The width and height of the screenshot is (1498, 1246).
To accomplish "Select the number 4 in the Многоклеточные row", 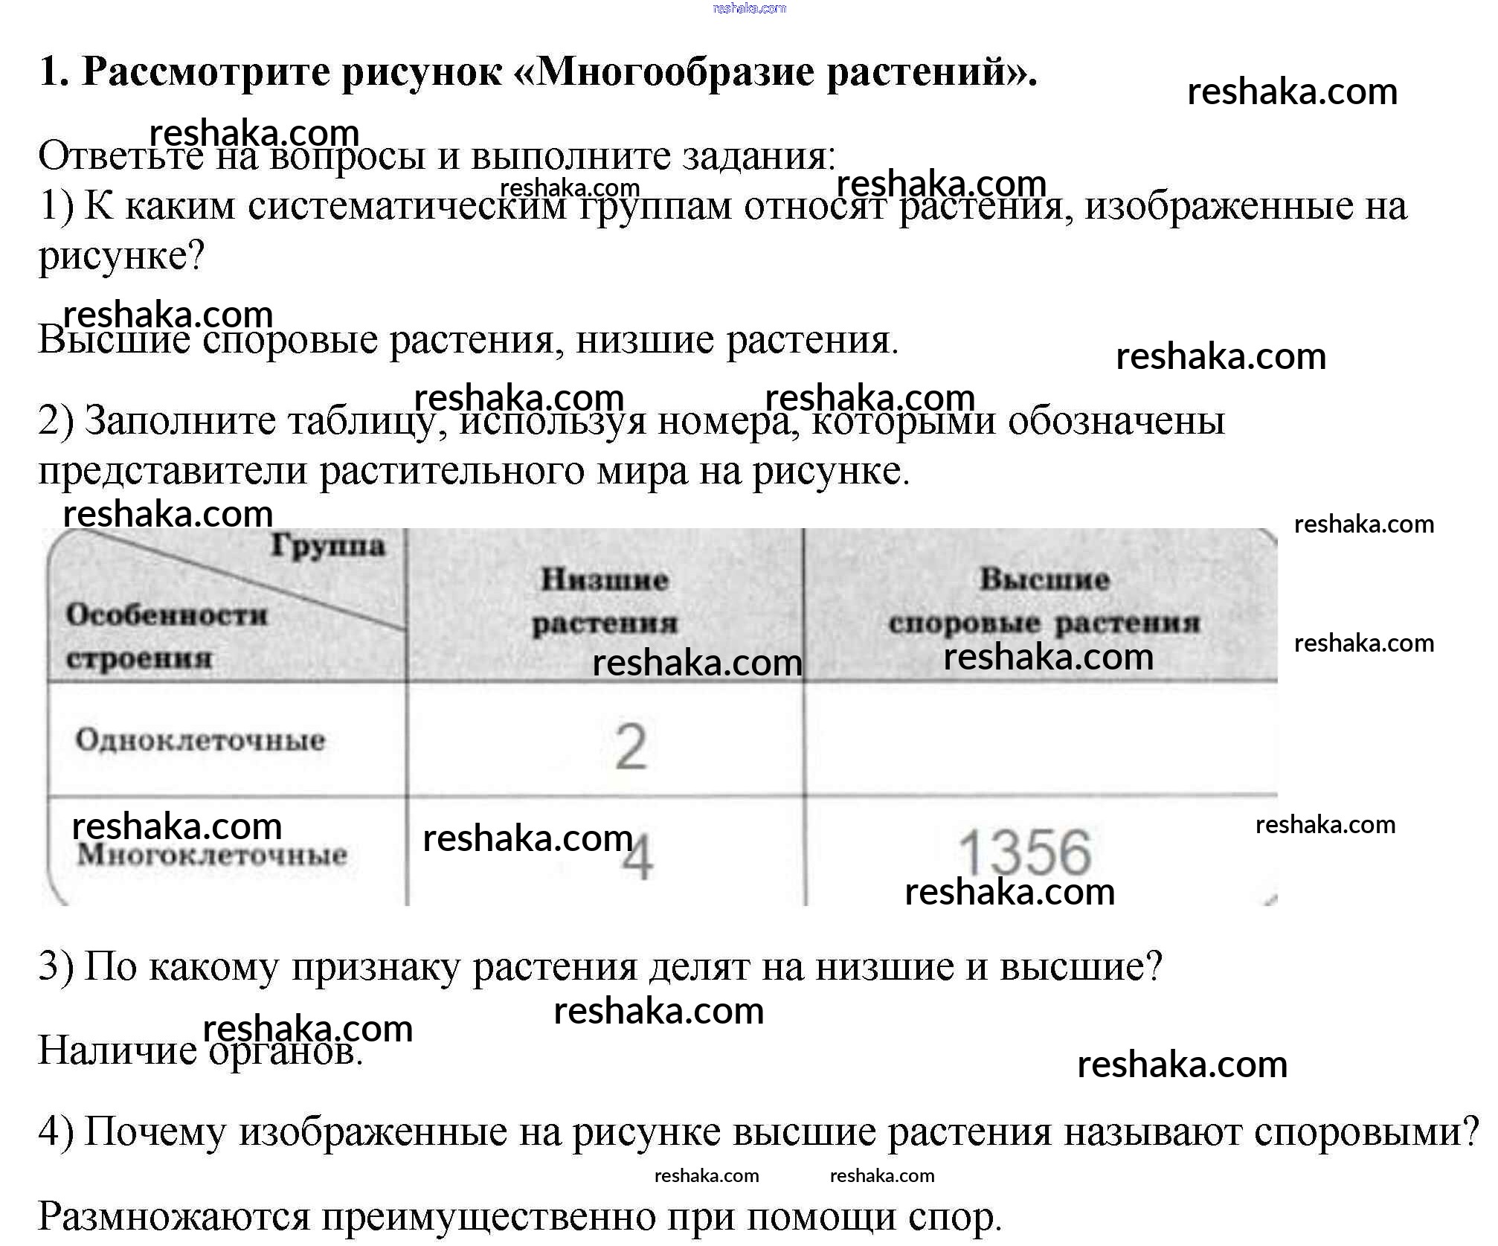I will [637, 858].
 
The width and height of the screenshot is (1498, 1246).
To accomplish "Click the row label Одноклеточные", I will [200, 740].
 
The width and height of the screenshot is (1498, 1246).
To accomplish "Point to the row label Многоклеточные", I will [212, 855].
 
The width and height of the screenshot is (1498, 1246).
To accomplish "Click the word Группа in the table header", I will [328, 546].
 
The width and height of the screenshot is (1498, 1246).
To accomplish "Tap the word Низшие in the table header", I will [604, 579].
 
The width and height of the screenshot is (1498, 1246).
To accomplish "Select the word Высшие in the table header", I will [1044, 579].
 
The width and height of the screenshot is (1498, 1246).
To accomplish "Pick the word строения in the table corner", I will [139, 658].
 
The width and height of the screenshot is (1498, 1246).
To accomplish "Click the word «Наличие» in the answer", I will [118, 1051].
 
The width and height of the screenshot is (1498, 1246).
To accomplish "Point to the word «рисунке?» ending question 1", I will [121, 257].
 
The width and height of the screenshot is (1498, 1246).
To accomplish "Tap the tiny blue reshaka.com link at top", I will [749, 8].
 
